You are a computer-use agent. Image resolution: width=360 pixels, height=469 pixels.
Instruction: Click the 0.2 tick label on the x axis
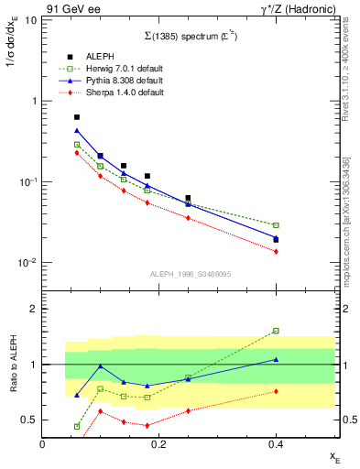point(158,444)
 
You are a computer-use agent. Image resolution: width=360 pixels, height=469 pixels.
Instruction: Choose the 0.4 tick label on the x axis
point(276,444)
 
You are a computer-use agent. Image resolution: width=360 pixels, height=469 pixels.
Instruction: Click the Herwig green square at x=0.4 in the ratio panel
point(276,331)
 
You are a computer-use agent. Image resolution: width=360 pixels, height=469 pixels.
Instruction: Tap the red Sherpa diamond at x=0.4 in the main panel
point(276,251)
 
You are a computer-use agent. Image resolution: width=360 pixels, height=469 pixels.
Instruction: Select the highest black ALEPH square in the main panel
point(77,117)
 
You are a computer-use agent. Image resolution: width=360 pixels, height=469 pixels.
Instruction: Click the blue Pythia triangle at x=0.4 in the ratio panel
point(276,360)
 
